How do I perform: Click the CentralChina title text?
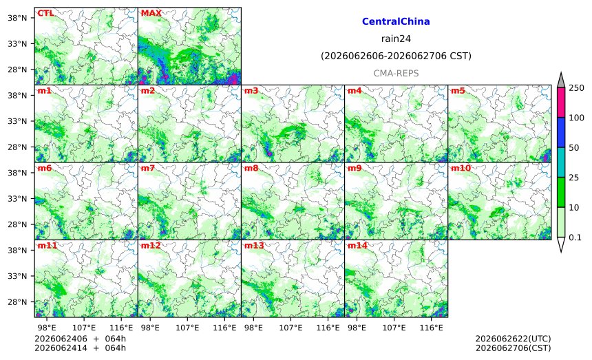point(396,21)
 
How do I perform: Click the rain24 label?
point(396,39)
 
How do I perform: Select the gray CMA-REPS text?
point(396,73)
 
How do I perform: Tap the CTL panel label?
point(45,13)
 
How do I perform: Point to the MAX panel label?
point(151,13)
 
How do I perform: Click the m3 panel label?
point(251,91)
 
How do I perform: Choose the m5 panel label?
point(458,91)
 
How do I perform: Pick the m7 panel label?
point(147,168)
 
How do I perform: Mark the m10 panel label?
point(461,168)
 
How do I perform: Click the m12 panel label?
point(151,245)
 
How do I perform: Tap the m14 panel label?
point(357,245)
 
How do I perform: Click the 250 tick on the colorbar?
point(577,88)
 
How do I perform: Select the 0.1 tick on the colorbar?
point(575,237)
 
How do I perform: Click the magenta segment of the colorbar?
point(560,103)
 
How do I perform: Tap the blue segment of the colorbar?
point(560,132)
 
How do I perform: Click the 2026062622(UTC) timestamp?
point(513,339)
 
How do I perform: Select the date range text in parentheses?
point(396,56)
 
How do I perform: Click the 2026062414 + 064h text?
point(80,348)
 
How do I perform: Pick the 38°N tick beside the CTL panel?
point(17,18)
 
